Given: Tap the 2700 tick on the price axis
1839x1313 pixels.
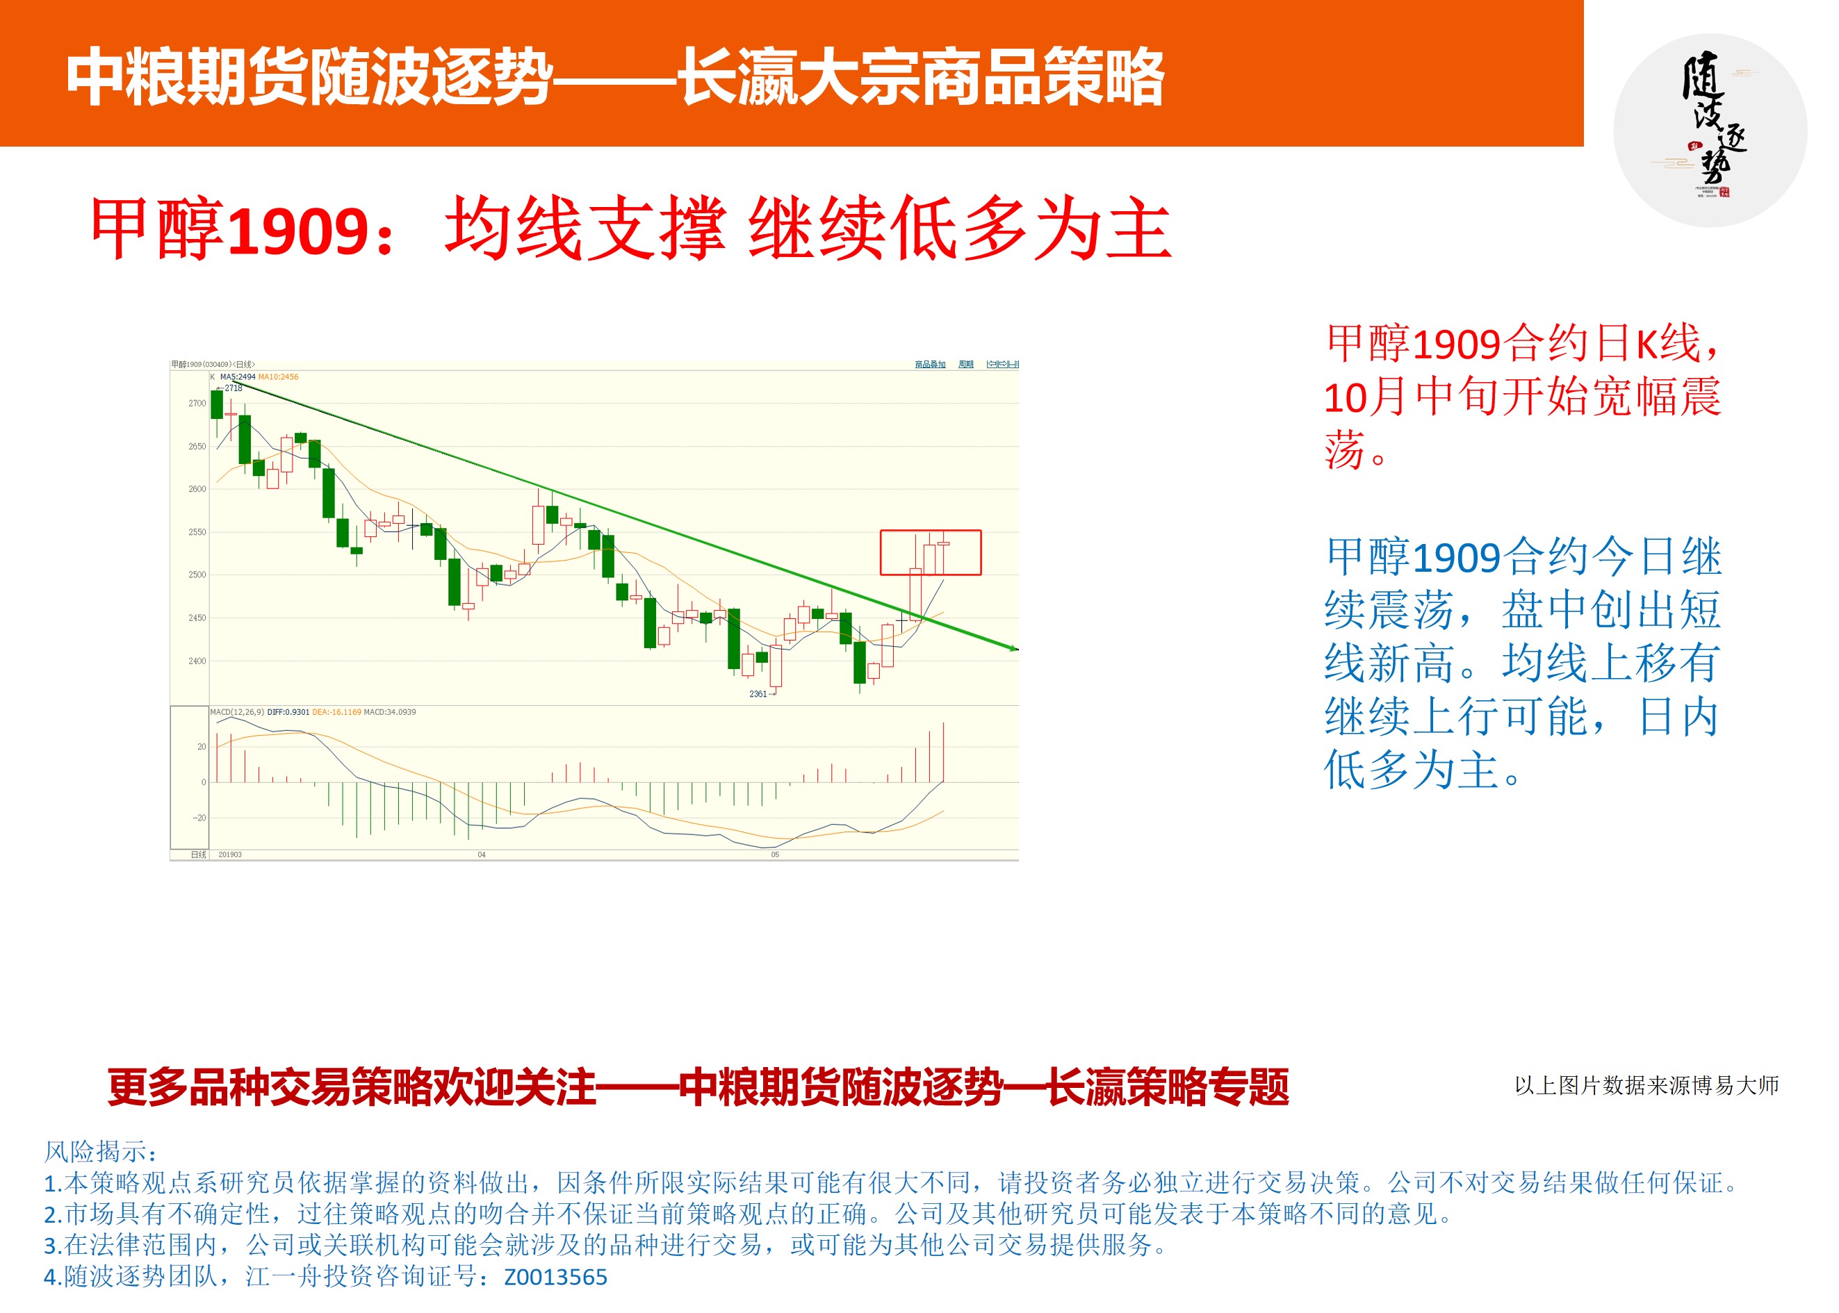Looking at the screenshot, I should coord(197,404).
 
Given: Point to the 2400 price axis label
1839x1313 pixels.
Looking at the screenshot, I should coord(197,661).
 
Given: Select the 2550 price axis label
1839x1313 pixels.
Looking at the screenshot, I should coord(197,532).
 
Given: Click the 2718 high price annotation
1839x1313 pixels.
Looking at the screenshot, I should coord(233,388).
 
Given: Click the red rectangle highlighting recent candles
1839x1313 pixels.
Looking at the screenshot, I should coord(930,552).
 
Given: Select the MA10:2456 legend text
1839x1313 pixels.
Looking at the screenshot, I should coord(278,377).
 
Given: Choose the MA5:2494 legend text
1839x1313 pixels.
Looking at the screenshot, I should coord(238,377).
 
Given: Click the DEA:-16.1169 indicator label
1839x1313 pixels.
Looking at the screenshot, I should coord(336,712).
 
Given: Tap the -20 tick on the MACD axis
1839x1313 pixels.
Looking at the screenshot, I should coord(199,818).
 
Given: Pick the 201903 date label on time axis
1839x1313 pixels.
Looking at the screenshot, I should coord(229,854).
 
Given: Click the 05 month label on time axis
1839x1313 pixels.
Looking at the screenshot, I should coord(775,854).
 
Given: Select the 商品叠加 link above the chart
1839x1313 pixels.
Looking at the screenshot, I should coord(930,365).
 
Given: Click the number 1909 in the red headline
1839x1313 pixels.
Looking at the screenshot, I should coord(300,232).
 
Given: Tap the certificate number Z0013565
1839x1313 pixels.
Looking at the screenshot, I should coord(555,1278).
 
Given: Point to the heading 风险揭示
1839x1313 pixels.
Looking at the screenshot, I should coord(101,1151).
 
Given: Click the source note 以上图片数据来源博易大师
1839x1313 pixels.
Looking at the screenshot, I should coord(1646,1085).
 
